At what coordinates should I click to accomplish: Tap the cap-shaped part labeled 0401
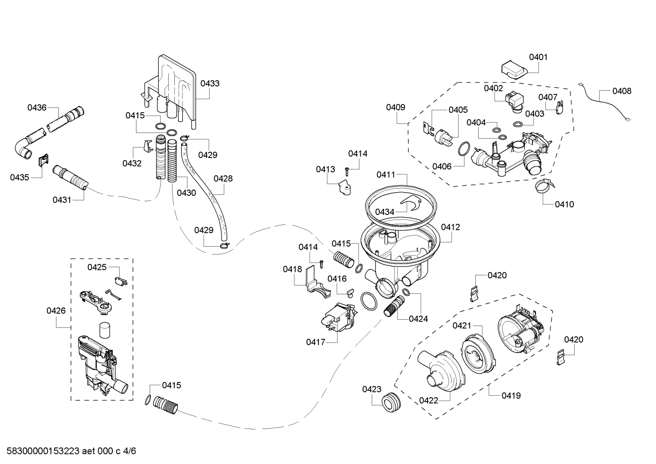click(x=513, y=71)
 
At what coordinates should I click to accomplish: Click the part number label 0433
click(x=210, y=83)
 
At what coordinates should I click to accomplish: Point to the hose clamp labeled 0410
click(x=545, y=186)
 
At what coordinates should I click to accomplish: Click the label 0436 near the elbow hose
click(x=37, y=107)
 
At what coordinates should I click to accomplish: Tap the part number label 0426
click(x=56, y=311)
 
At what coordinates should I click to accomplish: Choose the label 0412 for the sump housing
click(x=450, y=227)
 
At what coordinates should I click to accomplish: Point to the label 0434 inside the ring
click(x=384, y=212)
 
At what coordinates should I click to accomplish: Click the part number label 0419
click(x=511, y=395)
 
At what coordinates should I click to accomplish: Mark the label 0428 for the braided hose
click(x=223, y=178)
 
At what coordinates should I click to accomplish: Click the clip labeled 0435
click(x=43, y=160)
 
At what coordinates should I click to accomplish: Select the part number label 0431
click(x=61, y=199)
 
